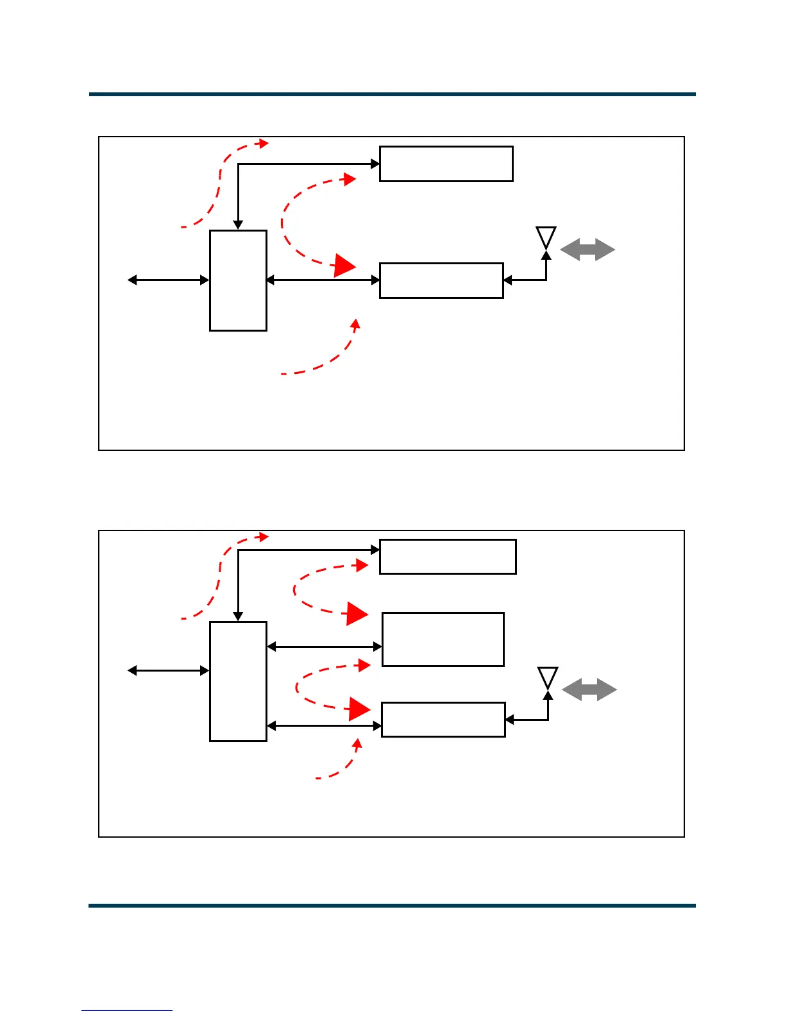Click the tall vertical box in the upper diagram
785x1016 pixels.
coord(238,280)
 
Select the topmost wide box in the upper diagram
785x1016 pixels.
coord(446,164)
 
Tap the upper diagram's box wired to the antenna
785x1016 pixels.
coord(441,280)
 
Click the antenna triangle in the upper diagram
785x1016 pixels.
coord(546,237)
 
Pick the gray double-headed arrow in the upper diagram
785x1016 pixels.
coord(587,250)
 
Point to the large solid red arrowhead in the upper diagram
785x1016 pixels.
coord(345,266)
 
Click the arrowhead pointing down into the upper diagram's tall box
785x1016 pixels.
coord(238,224)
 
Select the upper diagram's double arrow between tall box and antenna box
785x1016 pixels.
coord(323,280)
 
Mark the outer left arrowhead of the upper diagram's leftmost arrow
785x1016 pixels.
coord(131,280)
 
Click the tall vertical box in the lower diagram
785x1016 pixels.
coord(238,681)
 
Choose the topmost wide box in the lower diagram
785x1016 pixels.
coord(448,557)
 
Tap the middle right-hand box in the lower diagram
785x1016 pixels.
coord(443,639)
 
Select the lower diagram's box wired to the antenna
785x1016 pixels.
coord(443,720)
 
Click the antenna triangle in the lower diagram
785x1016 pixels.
coord(548,677)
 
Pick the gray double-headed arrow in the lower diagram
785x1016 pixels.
coord(589,690)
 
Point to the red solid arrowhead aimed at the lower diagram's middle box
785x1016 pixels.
coord(357,614)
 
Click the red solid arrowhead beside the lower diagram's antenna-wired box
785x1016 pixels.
coord(359,709)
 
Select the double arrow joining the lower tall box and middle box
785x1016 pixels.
coord(325,647)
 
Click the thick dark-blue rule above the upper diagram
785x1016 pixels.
coord(392,94)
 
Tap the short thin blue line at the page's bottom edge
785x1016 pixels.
coord(127,1011)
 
